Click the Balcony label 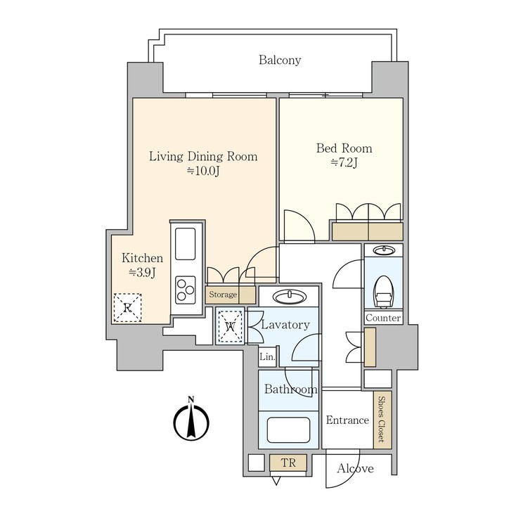279,60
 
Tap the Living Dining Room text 202,156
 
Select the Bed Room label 344,148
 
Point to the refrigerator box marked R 127,307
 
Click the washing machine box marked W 230,326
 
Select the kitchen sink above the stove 186,244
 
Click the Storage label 221,295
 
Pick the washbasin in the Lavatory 289,296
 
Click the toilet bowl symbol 383,290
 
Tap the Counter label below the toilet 383,318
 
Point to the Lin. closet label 266,357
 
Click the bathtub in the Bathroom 288,429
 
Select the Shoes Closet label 382,420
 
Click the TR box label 288,463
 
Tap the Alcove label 355,468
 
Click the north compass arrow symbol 191,420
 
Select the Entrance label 347,420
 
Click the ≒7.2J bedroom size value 344,164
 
